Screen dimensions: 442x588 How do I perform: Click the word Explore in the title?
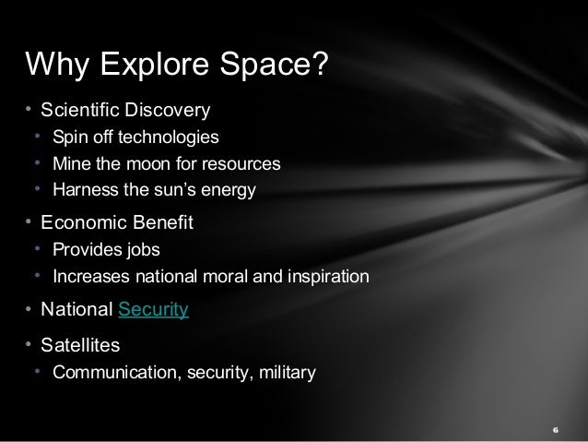coord(149,65)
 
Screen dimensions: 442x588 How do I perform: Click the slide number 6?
coord(556,430)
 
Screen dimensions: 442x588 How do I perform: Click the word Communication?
coord(109,374)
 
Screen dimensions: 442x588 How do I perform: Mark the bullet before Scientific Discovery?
coord(29,112)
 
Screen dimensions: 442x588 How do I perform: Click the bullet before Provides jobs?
coord(38,249)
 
